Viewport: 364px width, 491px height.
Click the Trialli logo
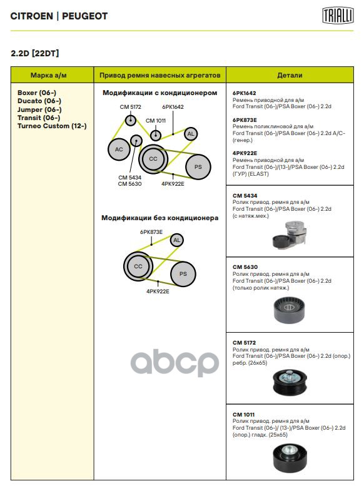(x=338, y=16)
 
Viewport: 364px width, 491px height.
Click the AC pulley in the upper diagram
(x=119, y=149)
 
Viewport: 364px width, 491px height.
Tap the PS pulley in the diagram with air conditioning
(x=198, y=167)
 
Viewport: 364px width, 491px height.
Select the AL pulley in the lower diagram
(x=177, y=240)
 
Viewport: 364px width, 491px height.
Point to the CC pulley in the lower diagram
(x=138, y=266)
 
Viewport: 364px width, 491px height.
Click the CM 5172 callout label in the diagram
(x=131, y=107)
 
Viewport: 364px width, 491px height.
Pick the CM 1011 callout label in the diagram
(x=156, y=121)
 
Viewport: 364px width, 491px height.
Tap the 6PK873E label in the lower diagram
(x=151, y=232)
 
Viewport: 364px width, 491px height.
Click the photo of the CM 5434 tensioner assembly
(x=290, y=235)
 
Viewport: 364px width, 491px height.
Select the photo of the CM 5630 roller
(x=289, y=310)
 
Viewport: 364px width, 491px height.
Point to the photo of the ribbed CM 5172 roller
(x=290, y=382)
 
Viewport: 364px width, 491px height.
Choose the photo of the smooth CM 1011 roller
(x=290, y=458)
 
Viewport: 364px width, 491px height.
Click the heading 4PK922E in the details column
(x=245, y=153)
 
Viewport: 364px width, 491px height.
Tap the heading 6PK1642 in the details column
(x=244, y=93)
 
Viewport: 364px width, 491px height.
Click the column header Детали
(x=290, y=75)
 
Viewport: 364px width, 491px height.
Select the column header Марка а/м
(x=49, y=75)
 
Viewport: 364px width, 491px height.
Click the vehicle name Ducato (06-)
(x=39, y=101)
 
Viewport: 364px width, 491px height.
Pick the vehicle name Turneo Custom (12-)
(x=52, y=126)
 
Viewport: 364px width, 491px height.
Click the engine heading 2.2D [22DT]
(x=35, y=53)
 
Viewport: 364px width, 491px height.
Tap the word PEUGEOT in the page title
(x=85, y=16)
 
